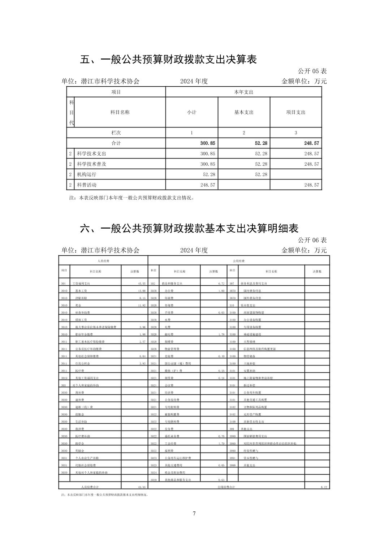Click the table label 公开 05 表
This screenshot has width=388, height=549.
pyautogui.click(x=312, y=71)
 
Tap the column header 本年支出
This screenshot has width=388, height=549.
pyautogui.click(x=243, y=92)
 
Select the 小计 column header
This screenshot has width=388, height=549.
pyautogui.click(x=191, y=112)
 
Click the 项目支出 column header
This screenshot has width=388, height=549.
pyautogui.click(x=296, y=112)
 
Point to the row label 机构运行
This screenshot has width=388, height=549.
pyautogui.click(x=87, y=174)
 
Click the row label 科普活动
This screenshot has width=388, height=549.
pyautogui.click(x=87, y=185)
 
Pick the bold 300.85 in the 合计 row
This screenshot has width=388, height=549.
pyautogui.click(x=207, y=143)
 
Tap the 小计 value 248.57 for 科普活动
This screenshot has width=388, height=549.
pyautogui.click(x=207, y=185)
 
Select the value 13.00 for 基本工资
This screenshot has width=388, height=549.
pyautogui.click(x=142, y=291)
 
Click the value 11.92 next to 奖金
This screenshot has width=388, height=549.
pyautogui.click(x=142, y=305)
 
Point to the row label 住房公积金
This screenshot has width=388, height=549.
pyautogui.click(x=82, y=363)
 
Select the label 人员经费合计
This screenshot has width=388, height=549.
pyautogui.click(x=90, y=487)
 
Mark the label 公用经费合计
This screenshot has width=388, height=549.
pyautogui.click(x=226, y=487)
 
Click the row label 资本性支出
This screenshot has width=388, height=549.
pyautogui.click(x=248, y=305)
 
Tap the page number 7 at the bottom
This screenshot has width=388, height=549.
pyautogui.click(x=194, y=514)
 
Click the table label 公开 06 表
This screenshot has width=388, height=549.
pyautogui.click(x=312, y=240)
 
